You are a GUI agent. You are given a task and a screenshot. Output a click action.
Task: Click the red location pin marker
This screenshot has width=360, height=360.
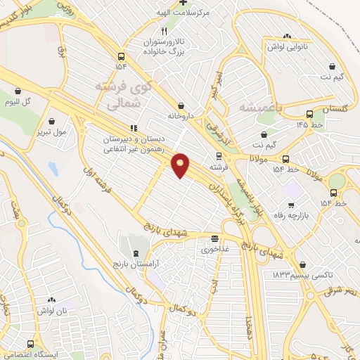pyautogui.click(x=181, y=165)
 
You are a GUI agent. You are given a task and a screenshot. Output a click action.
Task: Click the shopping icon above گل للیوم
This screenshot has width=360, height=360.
pyautogui.click(x=18, y=90)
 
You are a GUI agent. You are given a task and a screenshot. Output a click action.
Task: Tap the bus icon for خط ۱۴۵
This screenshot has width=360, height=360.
pyautogui.click(x=309, y=115)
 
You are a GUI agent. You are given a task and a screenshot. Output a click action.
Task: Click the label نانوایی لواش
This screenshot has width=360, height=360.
pyautogui.click(x=285, y=46)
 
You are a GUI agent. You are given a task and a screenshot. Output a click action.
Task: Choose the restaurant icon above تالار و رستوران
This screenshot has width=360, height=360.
pyautogui.click(x=164, y=32)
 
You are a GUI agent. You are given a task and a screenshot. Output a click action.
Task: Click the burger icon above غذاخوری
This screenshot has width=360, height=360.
pyautogui.click(x=214, y=238)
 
